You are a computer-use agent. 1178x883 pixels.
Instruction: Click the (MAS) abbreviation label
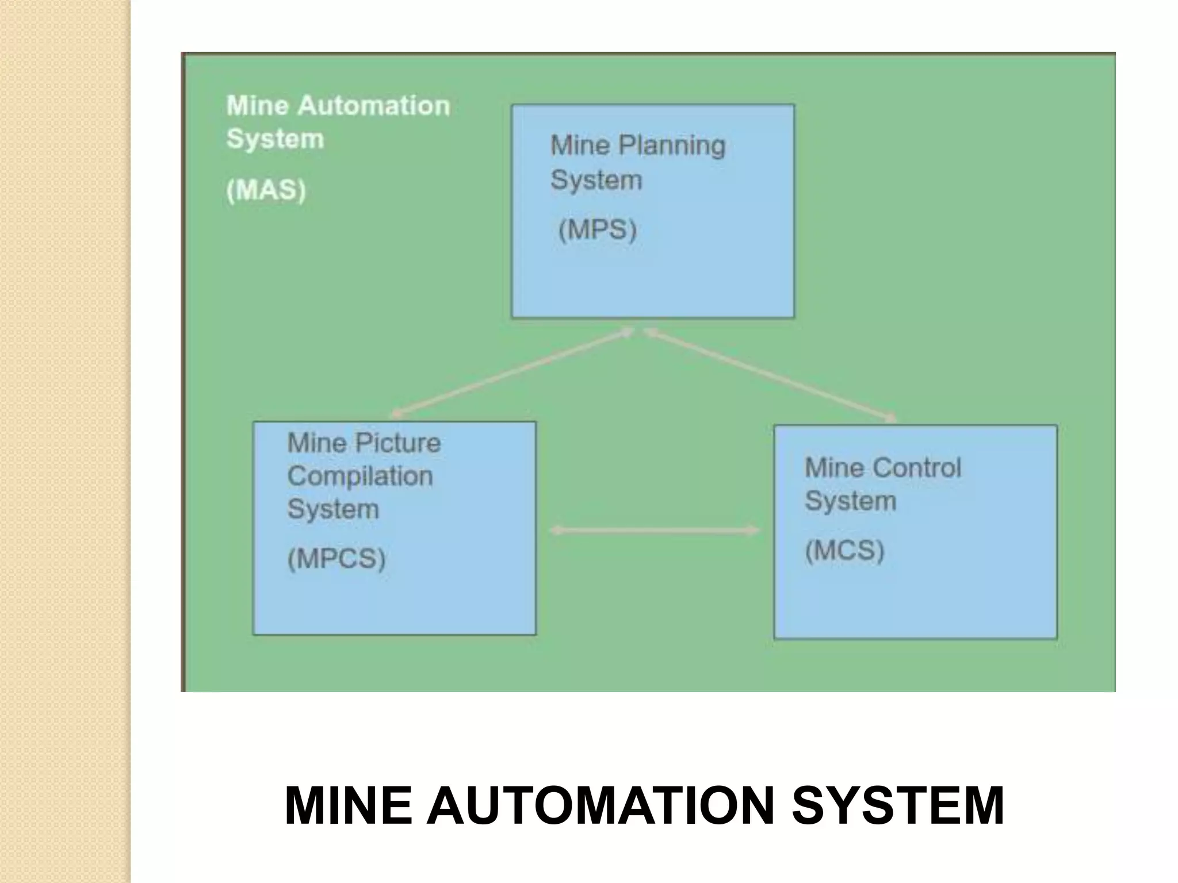click(266, 190)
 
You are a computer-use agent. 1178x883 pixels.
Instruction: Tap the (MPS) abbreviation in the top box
click(598, 230)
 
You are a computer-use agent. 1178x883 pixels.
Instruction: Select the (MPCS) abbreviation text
click(336, 558)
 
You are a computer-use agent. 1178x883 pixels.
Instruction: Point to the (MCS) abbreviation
click(844, 550)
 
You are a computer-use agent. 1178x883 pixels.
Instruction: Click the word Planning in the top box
click(671, 145)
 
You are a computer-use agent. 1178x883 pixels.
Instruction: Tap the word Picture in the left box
click(397, 443)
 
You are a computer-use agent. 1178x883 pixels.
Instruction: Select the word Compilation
click(360, 476)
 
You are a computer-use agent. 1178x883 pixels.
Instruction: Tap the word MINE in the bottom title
click(348, 805)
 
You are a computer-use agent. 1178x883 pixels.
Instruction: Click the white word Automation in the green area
click(374, 106)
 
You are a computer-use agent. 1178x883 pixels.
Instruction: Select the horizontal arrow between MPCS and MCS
click(655, 531)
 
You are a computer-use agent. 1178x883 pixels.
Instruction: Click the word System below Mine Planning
click(596, 180)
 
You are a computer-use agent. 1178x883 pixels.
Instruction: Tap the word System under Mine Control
click(850, 501)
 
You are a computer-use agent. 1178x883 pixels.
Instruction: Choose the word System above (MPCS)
click(333, 509)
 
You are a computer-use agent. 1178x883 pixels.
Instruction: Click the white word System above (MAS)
click(275, 139)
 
